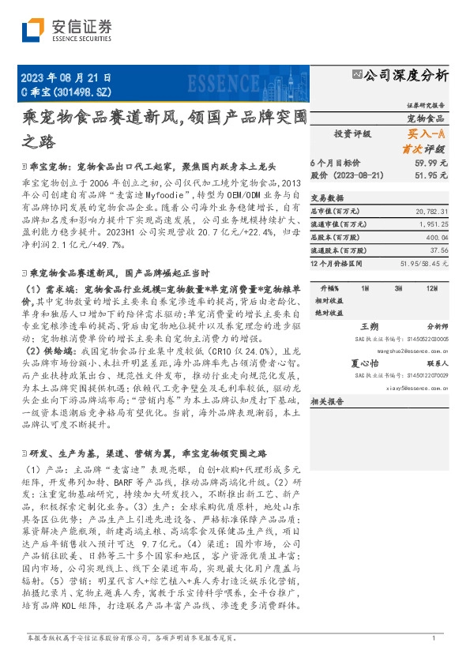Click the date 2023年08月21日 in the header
click(65, 77)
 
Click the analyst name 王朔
click(370, 325)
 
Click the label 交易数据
click(326, 198)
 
